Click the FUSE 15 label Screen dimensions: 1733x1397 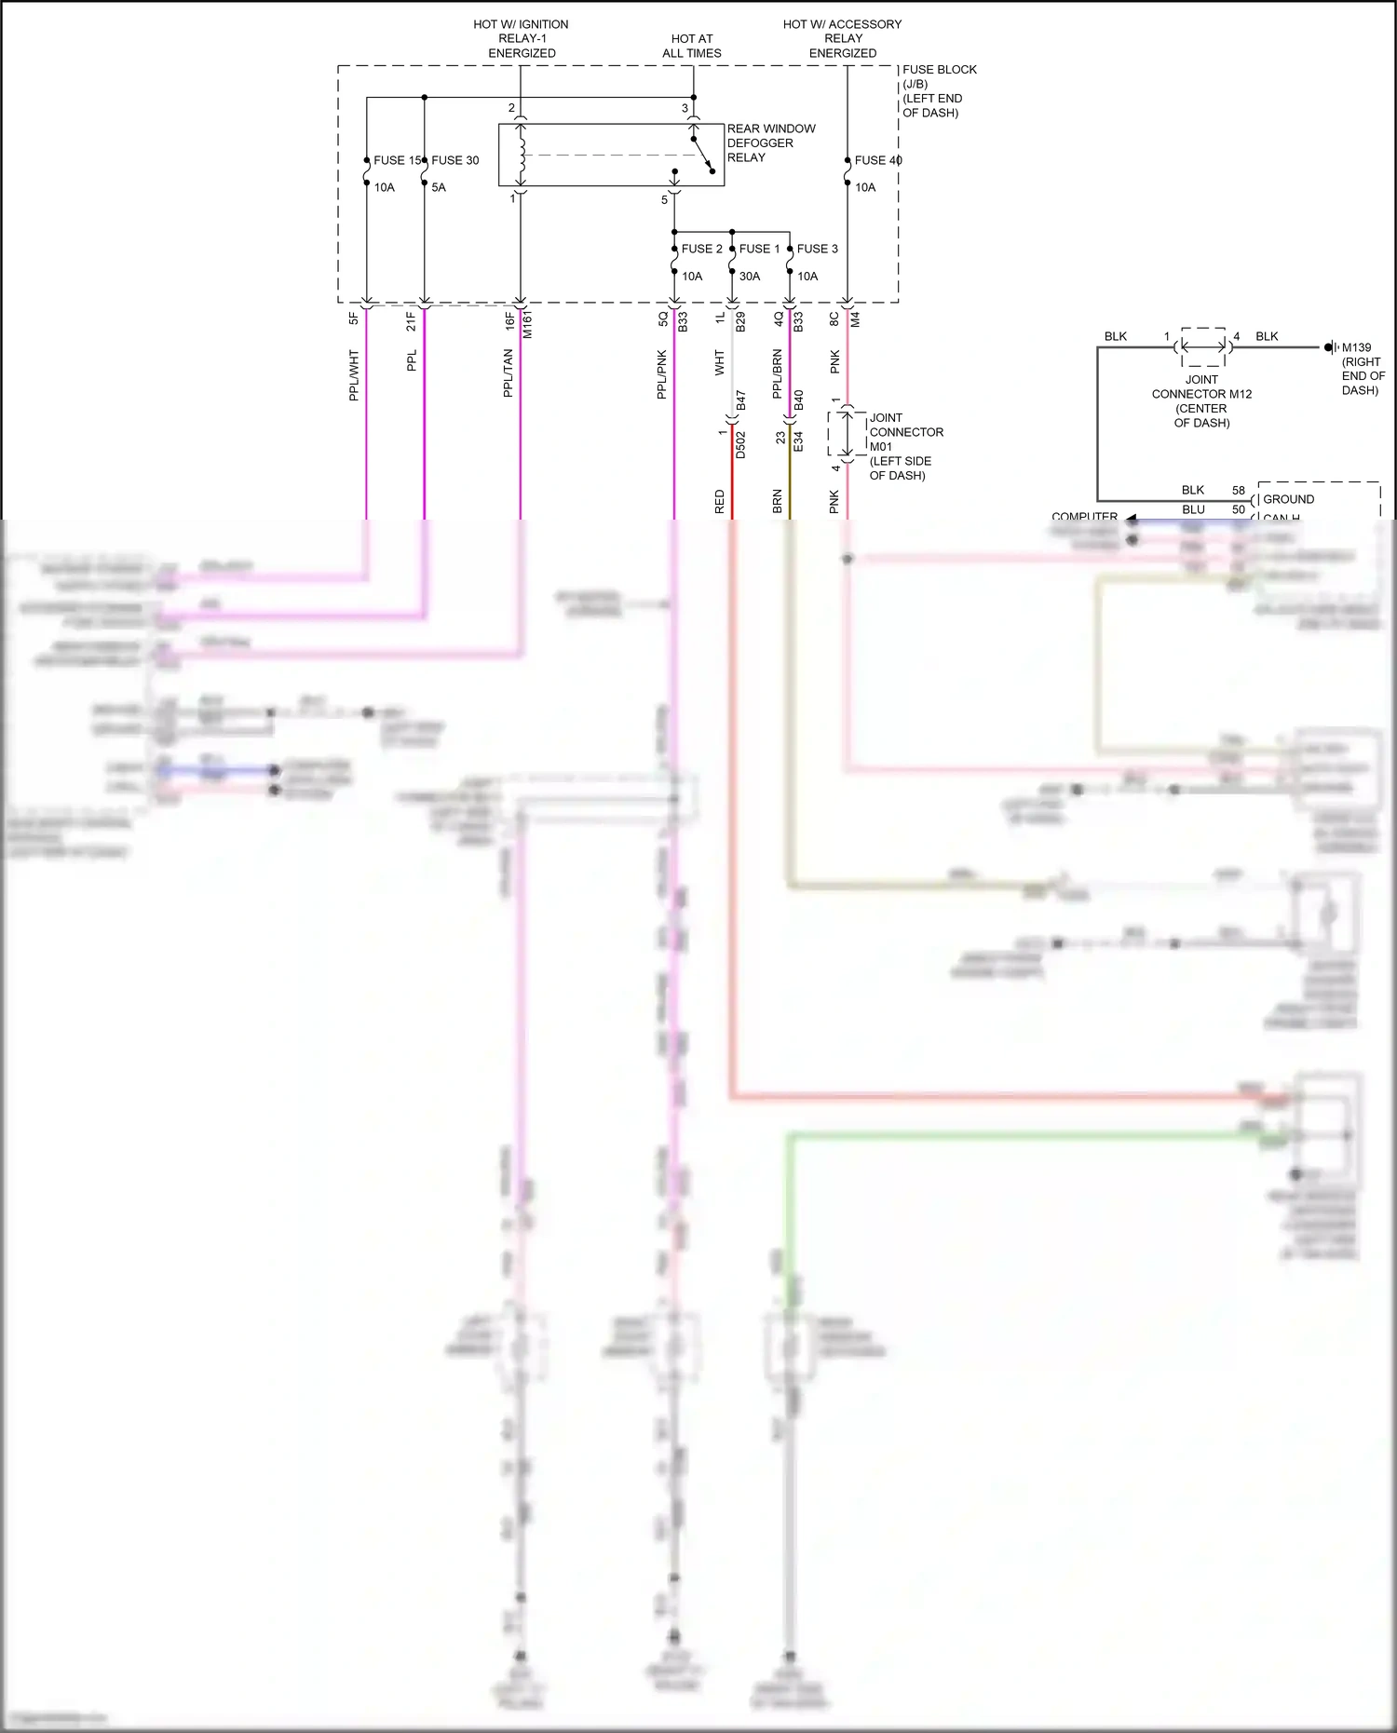point(397,160)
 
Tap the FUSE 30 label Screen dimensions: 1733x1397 point(454,160)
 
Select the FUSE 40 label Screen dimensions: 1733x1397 point(877,160)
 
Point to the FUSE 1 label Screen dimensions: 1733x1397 point(759,249)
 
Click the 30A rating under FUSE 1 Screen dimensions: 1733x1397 point(750,277)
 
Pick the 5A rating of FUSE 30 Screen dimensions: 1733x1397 point(439,187)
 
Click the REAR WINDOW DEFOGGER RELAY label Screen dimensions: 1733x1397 point(770,142)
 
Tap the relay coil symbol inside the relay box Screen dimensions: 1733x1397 point(522,155)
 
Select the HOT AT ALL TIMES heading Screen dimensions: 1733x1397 point(691,46)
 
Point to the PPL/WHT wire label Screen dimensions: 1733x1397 point(354,375)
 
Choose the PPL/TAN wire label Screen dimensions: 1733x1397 point(509,373)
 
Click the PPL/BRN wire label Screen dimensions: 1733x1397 point(778,374)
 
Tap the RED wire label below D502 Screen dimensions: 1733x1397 point(720,502)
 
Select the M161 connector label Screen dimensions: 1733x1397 point(528,324)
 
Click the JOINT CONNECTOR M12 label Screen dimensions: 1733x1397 point(1201,400)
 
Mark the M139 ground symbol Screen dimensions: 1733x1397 point(1331,347)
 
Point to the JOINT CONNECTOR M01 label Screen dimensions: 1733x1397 point(905,446)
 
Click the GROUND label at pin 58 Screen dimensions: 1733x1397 point(1288,499)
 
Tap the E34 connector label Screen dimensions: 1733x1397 point(798,441)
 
